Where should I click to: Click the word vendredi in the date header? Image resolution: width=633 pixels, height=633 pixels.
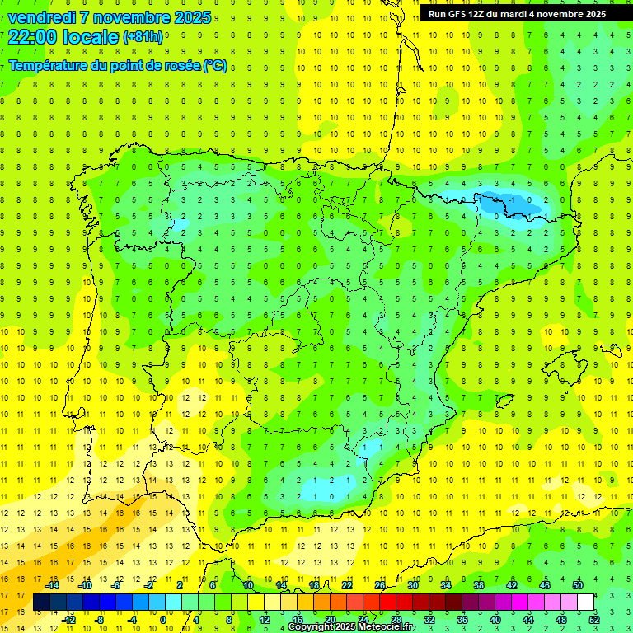click(x=43, y=17)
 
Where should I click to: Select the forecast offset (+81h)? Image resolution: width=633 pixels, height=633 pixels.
click(x=143, y=37)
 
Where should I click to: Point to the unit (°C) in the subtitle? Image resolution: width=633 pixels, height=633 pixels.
click(x=216, y=66)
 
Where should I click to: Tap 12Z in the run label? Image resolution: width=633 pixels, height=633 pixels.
click(x=481, y=14)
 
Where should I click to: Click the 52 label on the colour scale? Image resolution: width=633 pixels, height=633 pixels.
click(x=594, y=620)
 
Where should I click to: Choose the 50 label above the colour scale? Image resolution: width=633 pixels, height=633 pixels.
click(x=578, y=585)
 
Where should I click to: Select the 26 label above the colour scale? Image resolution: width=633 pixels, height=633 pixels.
click(x=380, y=585)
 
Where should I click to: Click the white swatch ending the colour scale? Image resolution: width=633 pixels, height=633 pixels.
click(x=585, y=603)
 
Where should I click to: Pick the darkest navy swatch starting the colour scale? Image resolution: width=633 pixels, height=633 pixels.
click(x=42, y=603)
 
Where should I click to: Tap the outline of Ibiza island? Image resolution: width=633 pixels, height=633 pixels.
click(x=505, y=401)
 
